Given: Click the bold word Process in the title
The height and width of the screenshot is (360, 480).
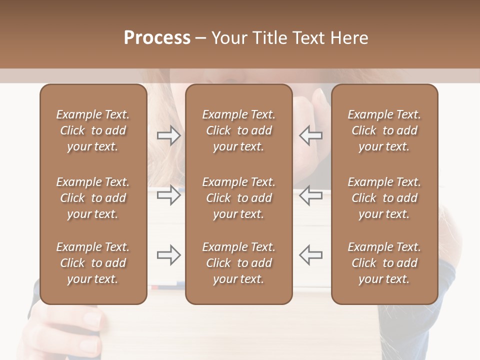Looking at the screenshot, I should (157, 38).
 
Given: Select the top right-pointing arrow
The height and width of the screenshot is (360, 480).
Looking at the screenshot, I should (168, 135).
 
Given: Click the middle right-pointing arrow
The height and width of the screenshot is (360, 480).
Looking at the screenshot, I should (168, 195).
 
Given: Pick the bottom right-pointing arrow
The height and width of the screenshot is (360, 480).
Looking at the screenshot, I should (168, 255).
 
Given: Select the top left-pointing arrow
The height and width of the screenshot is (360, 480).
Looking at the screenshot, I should (310, 135).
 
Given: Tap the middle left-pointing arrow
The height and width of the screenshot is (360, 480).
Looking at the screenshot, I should (310, 195).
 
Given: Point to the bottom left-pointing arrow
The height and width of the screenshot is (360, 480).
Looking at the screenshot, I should (310, 255).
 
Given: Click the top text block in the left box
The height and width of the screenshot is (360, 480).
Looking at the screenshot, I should (93, 130).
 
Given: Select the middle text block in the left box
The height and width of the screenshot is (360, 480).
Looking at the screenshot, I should (93, 198).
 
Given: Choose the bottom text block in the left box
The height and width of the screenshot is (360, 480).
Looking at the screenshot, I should (93, 263).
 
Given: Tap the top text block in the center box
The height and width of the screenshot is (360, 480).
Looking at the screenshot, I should (238, 130).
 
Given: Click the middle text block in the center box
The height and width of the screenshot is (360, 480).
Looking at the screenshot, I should (238, 198).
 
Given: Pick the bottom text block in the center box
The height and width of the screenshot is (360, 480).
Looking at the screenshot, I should (238, 263).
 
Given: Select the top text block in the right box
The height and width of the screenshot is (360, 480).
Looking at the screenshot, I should (384, 130).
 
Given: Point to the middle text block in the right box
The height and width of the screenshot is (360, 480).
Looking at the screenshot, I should (384, 198).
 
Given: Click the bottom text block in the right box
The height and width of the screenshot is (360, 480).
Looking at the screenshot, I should (384, 263).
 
